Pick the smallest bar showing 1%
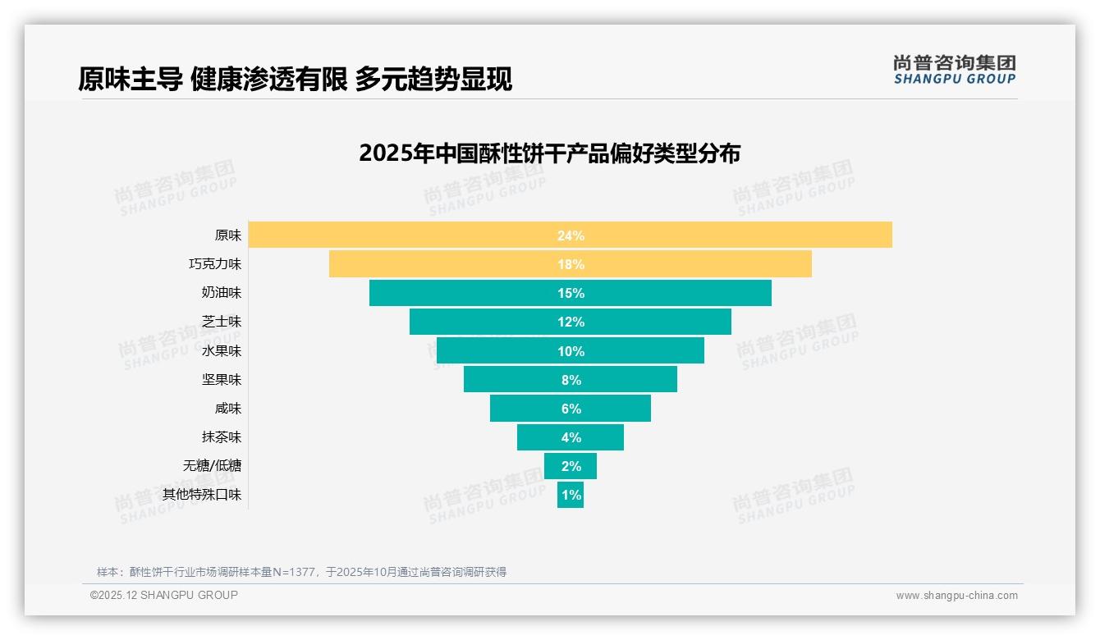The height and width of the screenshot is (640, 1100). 571,495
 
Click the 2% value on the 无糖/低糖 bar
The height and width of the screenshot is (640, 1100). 571,466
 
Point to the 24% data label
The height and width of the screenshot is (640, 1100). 571,235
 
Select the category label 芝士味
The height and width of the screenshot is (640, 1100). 222,322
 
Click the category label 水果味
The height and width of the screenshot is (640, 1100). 222,350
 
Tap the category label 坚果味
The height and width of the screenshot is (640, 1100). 222,379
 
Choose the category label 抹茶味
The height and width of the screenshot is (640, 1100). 222,437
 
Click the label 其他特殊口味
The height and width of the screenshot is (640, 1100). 202,495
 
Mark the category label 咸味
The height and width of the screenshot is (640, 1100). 228,408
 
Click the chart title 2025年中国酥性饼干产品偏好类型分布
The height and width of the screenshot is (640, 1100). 549,153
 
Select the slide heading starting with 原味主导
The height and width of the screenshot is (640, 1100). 295,79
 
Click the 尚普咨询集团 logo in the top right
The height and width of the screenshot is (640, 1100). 954,69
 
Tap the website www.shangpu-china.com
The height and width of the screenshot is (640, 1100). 956,596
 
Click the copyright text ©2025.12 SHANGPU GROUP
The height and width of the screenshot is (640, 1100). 164,595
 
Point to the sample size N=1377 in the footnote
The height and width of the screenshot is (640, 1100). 293,572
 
